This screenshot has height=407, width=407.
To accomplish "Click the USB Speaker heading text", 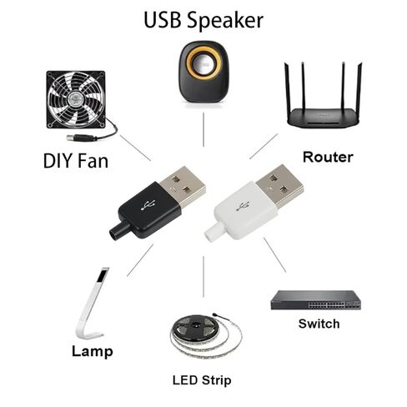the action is [x=203, y=21].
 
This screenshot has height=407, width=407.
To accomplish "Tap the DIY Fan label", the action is [x=76, y=161].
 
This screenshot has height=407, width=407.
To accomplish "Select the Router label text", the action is [x=328, y=157].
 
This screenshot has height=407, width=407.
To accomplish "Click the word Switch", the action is [x=319, y=324].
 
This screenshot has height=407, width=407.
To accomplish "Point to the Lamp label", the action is [x=93, y=351].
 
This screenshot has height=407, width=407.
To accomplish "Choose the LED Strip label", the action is [x=202, y=380].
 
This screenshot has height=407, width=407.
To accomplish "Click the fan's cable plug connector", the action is [x=81, y=138].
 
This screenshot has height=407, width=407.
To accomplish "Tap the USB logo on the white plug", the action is [x=244, y=205].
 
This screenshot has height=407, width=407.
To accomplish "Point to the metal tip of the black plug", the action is [x=183, y=187].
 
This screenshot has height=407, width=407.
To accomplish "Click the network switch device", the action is [x=316, y=300].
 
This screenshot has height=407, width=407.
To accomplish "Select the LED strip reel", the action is [x=206, y=336].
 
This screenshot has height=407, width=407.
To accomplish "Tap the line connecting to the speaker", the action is [x=203, y=129].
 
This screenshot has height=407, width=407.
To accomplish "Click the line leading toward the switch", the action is [x=274, y=255].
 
